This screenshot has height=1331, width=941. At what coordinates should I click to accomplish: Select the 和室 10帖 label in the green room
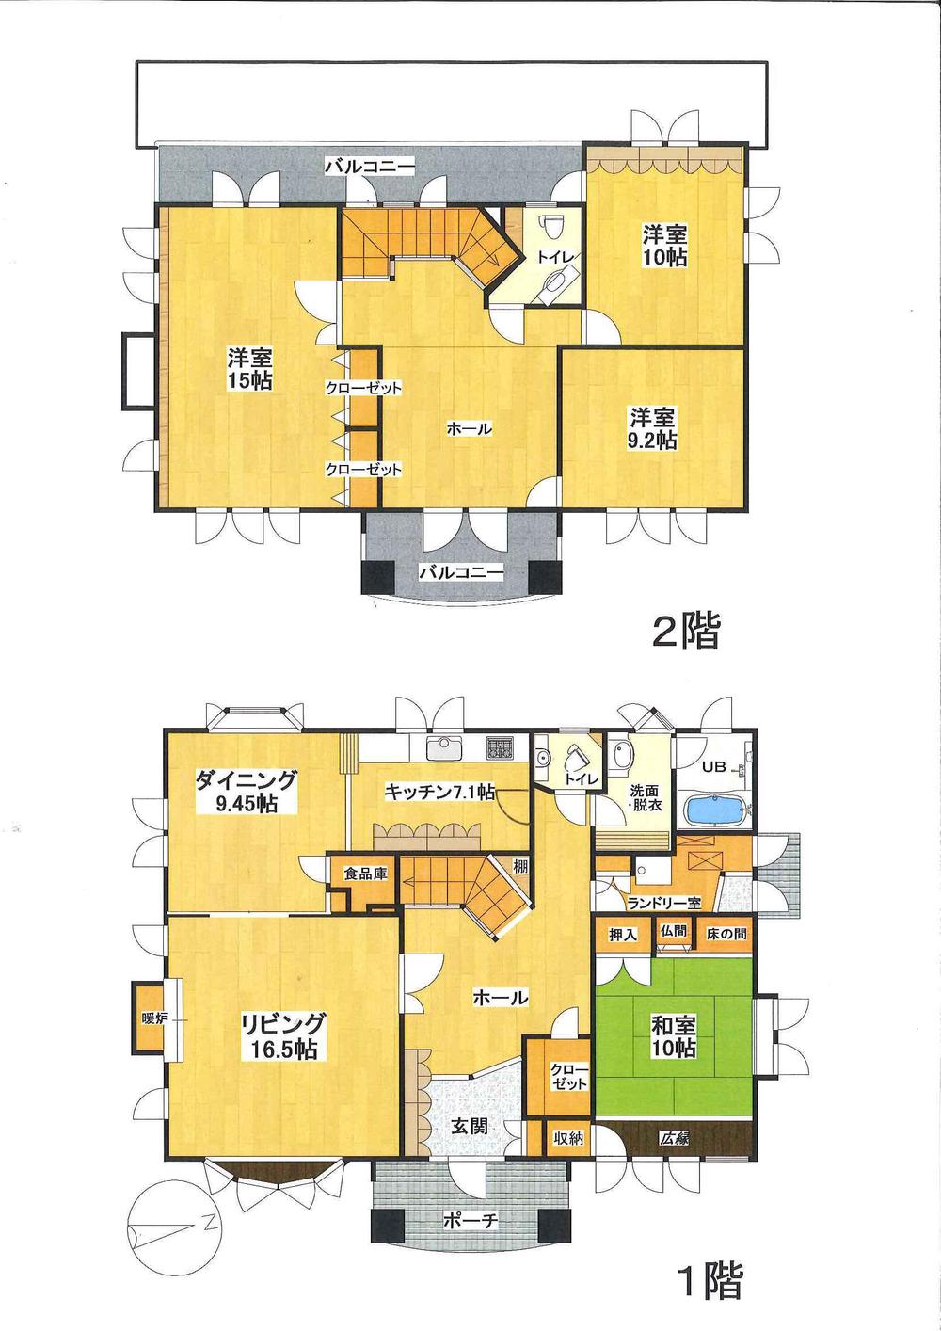click(673, 1035)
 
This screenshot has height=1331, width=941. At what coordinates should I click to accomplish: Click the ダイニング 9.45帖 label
click(247, 791)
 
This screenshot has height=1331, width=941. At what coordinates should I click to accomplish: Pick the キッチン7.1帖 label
click(439, 793)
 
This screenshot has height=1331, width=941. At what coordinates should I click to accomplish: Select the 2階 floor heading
click(686, 633)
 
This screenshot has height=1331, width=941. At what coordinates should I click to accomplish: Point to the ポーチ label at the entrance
click(470, 1221)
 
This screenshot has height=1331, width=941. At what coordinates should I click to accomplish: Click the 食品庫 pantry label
click(365, 874)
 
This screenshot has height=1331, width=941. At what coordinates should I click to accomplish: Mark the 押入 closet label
click(623, 935)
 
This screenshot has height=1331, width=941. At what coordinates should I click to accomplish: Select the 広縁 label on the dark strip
click(675, 1138)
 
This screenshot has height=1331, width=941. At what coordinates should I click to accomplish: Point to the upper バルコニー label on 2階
click(370, 167)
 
